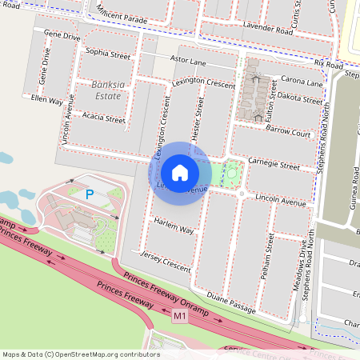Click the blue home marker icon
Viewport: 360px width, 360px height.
pos(180,172)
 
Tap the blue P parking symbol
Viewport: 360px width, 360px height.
pos(90,194)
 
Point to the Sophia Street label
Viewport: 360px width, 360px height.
pos(107,55)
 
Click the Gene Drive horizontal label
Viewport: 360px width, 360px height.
pos(63,36)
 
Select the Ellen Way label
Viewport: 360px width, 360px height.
pos(46,101)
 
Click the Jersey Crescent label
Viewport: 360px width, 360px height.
pos(166,261)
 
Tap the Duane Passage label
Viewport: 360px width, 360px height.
pos(231,302)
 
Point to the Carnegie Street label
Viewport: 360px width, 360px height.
pos(274,166)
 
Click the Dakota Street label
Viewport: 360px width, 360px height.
pos(299,99)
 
